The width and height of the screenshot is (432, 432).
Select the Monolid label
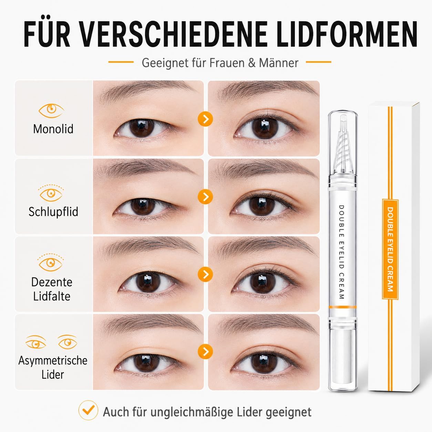point(53,129)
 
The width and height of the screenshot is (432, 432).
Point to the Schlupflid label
point(53,212)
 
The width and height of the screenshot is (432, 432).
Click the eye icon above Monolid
point(51,111)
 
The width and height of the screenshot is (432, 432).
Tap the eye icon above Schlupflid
point(51,193)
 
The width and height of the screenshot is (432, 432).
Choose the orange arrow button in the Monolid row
point(205,119)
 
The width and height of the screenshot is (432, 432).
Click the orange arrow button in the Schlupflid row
point(205,197)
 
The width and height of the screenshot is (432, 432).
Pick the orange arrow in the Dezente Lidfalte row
point(205,274)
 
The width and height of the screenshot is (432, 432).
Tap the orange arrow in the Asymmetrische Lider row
point(205,352)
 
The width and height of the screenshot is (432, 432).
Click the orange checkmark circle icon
point(88,410)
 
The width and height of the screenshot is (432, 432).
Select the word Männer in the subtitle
point(279,63)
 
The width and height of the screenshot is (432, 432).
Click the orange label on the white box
point(390,249)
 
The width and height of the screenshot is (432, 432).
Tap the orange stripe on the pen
point(342,307)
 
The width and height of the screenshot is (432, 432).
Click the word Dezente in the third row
point(52,282)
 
